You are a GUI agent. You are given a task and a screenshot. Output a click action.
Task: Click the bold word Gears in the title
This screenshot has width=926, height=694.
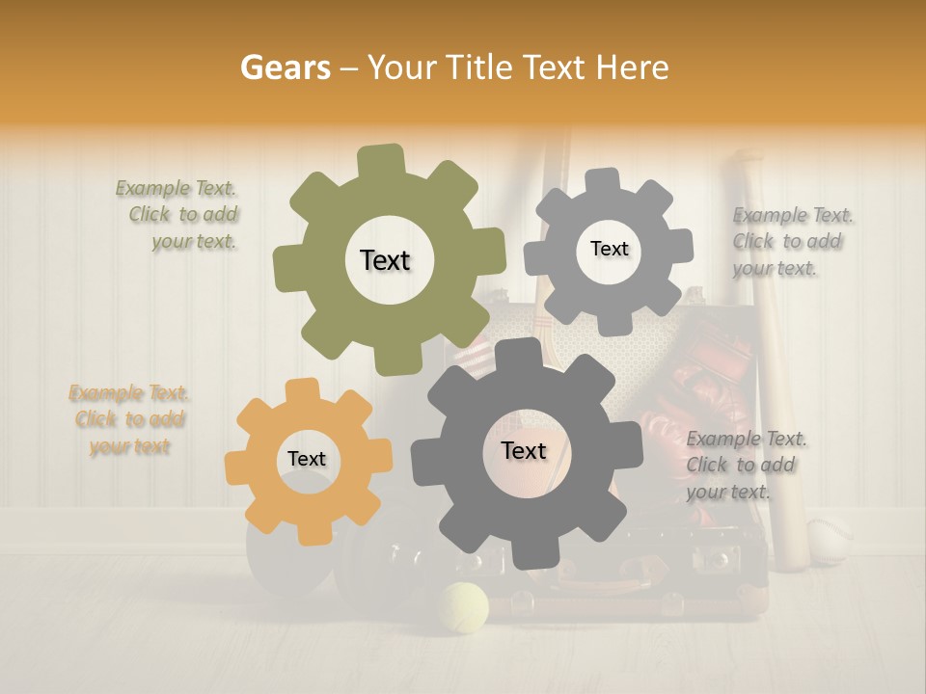285,67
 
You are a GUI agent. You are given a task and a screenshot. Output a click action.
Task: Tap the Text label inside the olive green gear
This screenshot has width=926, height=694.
385,260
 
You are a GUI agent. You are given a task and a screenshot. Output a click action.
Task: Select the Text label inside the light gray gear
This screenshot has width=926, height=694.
609,249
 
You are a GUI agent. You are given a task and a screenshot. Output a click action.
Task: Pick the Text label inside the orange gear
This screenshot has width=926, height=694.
307,459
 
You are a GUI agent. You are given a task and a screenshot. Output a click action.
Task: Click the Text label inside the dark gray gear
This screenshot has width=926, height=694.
523,450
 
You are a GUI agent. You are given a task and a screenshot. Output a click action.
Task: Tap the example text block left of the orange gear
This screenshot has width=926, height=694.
129,419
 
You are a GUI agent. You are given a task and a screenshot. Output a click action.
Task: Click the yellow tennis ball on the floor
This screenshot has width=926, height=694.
463,608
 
